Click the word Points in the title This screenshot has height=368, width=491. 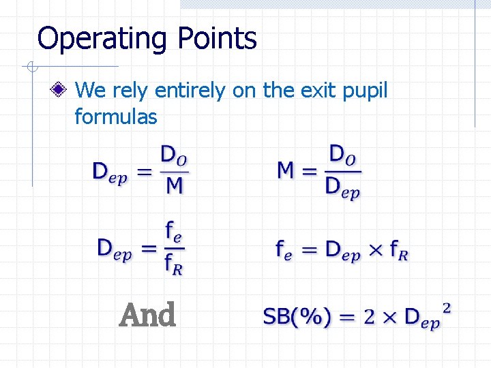[218, 39]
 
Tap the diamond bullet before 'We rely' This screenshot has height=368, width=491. [61, 89]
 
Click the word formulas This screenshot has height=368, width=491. [115, 117]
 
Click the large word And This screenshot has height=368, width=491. [147, 316]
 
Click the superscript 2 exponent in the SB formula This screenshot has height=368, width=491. [447, 307]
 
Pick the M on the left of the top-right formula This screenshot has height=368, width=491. [286, 169]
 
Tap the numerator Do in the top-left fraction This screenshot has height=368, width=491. [174, 153]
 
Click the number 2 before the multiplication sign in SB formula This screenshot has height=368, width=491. [370, 317]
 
